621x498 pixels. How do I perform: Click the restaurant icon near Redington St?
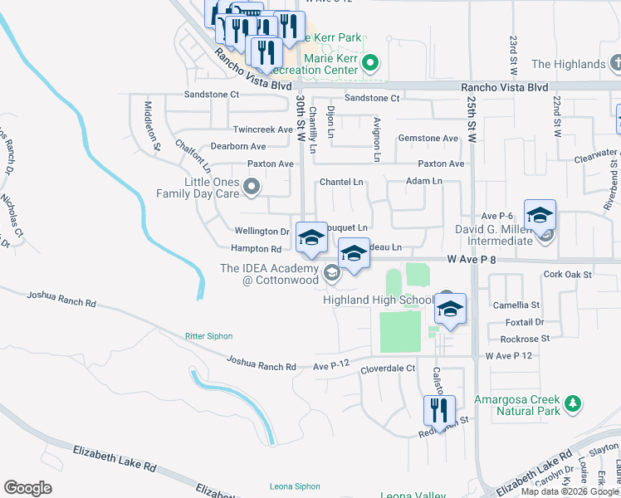(439, 410)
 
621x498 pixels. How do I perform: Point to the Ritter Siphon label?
(208, 336)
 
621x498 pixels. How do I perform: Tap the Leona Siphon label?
(295, 486)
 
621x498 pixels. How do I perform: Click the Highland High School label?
(378, 300)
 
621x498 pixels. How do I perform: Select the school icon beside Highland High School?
(451, 309)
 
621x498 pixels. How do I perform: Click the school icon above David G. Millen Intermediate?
(540, 216)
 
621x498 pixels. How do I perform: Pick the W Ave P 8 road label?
(472, 260)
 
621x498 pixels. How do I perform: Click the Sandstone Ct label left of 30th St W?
(211, 95)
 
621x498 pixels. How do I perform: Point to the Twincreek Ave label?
(262, 129)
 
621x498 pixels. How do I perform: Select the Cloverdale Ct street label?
(387, 368)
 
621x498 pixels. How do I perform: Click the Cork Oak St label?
(567, 274)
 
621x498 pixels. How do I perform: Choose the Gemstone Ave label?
(428, 138)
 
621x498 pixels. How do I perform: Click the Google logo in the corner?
(28, 487)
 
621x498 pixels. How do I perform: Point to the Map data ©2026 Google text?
(569, 491)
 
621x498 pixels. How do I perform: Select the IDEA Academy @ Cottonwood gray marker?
(331, 271)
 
